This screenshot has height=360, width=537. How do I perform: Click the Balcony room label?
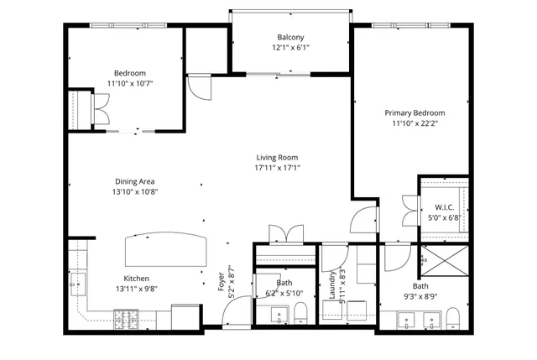pos(290,37)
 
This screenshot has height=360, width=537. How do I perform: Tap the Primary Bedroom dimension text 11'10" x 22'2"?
pos(414,123)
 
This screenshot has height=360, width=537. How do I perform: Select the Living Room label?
pos(277,157)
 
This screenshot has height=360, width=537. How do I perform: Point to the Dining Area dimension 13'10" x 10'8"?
pos(135,191)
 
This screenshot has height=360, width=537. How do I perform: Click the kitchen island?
pos(164,251)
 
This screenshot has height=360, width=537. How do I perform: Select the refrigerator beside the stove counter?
pos(185,317)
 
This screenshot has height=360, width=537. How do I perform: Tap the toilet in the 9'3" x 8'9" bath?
pos(454,317)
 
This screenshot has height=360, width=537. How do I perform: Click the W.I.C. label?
pos(444,207)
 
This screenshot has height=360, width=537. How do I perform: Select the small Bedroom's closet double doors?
pos(100,110)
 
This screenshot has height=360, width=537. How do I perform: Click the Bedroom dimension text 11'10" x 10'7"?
pos(130,83)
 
